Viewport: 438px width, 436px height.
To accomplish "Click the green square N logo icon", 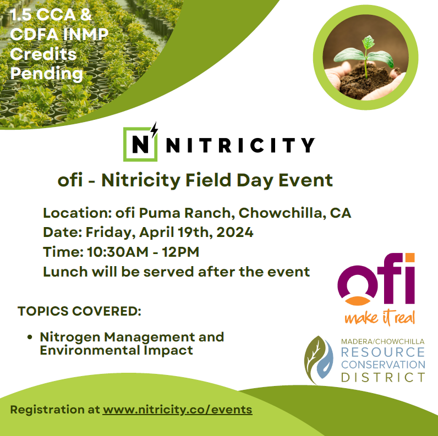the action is coord(140,144).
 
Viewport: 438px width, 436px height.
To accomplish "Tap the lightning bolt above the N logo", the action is coord(155,130).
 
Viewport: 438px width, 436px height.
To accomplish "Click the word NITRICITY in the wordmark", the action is coord(241,145).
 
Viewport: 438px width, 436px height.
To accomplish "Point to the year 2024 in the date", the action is coord(235,232).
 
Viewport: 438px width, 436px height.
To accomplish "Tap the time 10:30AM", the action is coord(118,252).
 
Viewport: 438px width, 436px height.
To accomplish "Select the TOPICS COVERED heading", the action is coord(79,311).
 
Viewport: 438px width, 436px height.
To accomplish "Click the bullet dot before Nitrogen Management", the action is coord(30,337).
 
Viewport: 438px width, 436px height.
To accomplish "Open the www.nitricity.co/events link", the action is coord(177,410).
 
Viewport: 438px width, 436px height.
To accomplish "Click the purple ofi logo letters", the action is coord(376,279).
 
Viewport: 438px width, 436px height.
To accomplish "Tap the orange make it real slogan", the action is coord(380,318).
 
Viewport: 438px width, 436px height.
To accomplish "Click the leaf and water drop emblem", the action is coord(319,359).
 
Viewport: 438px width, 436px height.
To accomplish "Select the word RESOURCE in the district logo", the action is coord(383,352).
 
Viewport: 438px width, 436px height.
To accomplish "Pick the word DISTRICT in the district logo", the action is coord(383,377).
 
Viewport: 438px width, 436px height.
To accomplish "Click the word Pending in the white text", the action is coord(47,74).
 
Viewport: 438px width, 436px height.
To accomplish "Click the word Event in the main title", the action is coord(305,180).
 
